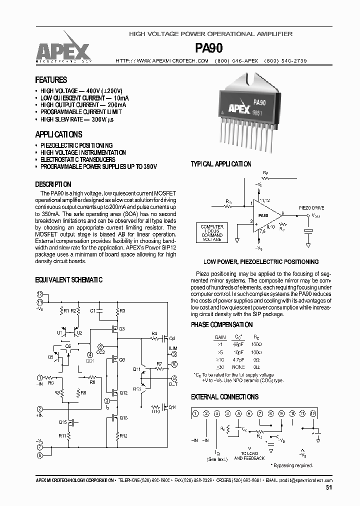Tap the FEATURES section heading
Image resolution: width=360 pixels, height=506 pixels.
point(51,80)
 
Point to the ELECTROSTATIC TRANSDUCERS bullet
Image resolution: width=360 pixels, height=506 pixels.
point(77,159)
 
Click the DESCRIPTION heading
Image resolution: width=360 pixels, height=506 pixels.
point(53,184)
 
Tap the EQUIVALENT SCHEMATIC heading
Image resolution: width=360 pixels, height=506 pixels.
point(68,280)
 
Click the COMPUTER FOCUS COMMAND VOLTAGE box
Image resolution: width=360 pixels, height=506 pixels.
point(211,233)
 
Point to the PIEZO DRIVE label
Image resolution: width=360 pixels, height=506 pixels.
point(311,206)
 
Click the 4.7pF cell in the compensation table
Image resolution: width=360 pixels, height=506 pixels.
point(238,359)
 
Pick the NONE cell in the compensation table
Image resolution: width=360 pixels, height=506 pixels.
point(238,366)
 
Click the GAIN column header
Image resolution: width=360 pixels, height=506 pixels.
point(220,337)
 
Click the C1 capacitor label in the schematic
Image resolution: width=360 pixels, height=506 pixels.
point(92,311)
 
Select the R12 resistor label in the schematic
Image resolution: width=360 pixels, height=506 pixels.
point(123,436)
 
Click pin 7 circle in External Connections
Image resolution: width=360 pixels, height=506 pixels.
point(259,413)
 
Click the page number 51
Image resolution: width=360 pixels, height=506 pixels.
point(328,488)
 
